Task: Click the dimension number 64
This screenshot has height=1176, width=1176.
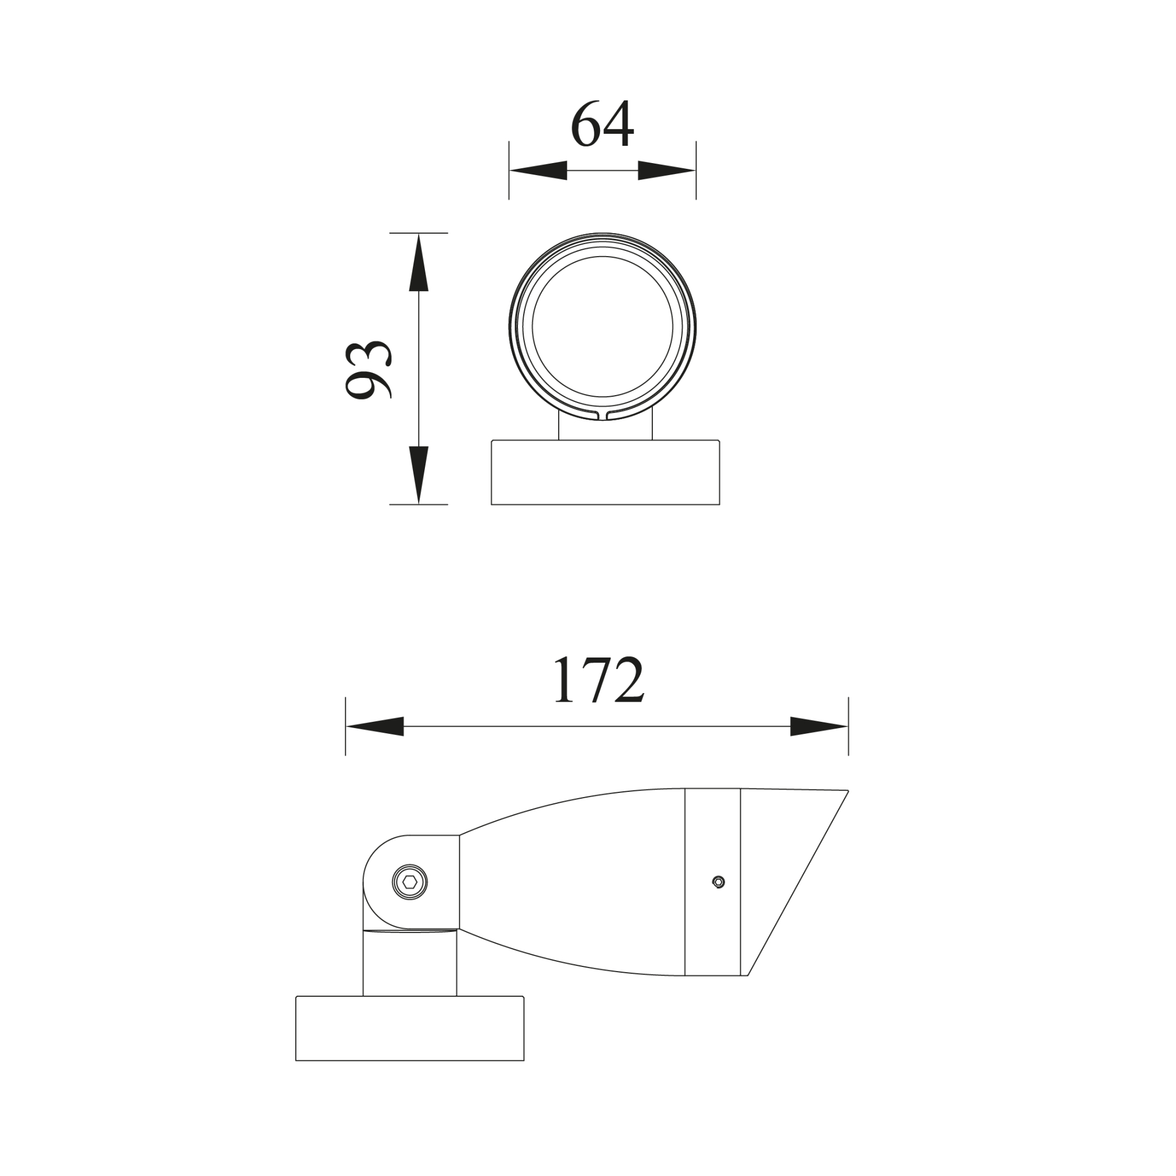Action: (602, 125)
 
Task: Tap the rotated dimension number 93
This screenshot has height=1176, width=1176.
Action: (368, 370)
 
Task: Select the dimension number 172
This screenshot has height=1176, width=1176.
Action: (599, 680)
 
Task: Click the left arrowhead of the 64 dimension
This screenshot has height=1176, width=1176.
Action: (538, 171)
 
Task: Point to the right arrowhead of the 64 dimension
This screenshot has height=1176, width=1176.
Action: (667, 171)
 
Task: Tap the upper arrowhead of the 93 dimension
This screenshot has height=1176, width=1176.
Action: (419, 262)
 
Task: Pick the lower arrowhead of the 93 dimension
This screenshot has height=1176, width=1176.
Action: (419, 475)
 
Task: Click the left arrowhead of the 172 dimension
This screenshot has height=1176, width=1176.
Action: (375, 726)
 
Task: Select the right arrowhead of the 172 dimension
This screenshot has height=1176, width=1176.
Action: (819, 726)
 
